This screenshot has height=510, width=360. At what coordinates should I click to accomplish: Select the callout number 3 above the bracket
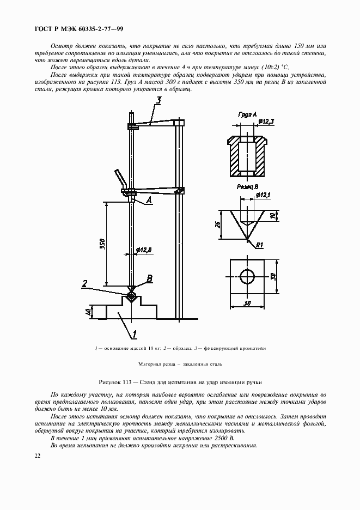pos(158,100)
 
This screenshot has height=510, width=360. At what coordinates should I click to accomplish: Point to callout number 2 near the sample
pos(85,283)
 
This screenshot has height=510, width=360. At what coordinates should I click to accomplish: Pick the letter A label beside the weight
pos(149,200)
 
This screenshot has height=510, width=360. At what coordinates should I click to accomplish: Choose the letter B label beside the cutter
pos(150,278)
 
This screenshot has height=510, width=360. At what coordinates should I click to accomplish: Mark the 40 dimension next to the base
pos(88,312)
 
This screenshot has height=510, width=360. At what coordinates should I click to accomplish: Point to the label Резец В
pos(247,186)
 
